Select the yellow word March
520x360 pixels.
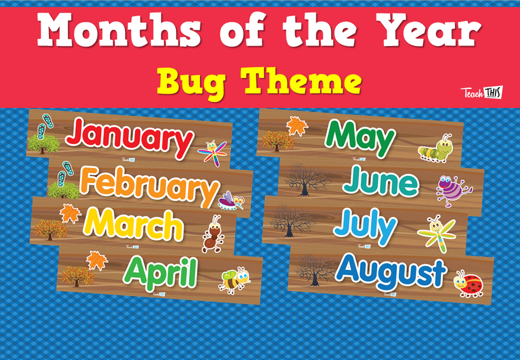pyautogui.click(x=133, y=225)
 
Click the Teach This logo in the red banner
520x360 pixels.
pyautogui.click(x=482, y=93)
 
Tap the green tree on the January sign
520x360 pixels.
pyautogui.click(x=43, y=143)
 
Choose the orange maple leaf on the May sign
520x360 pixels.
pyautogui.click(x=297, y=126)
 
